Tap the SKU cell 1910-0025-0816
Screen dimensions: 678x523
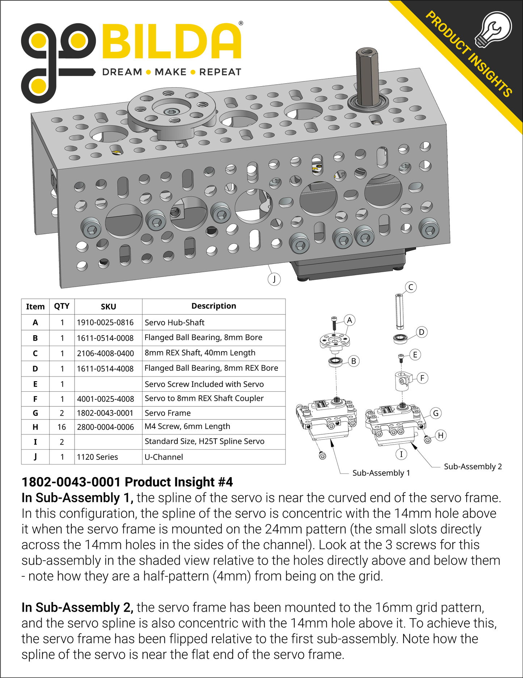(105, 323)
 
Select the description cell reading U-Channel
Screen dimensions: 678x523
(164, 457)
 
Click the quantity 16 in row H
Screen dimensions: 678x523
(62, 427)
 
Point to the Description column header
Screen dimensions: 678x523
(214, 306)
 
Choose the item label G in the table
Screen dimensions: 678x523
(35, 413)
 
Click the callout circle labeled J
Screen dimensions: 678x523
(274, 279)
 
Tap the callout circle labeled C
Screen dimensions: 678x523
(410, 287)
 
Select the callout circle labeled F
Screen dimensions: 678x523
(422, 378)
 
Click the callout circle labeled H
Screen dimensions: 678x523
(440, 435)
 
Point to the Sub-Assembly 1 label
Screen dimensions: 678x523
(381, 473)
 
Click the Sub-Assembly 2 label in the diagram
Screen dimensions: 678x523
(473, 467)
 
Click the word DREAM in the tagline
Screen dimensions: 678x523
(122, 72)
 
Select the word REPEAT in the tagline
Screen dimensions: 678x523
(220, 72)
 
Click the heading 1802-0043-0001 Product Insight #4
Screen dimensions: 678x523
(127, 482)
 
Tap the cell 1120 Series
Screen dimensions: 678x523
(97, 457)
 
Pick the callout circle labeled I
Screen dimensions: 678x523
(401, 454)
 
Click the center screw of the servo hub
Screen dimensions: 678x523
(171, 112)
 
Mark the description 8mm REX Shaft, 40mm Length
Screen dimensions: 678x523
(200, 353)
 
